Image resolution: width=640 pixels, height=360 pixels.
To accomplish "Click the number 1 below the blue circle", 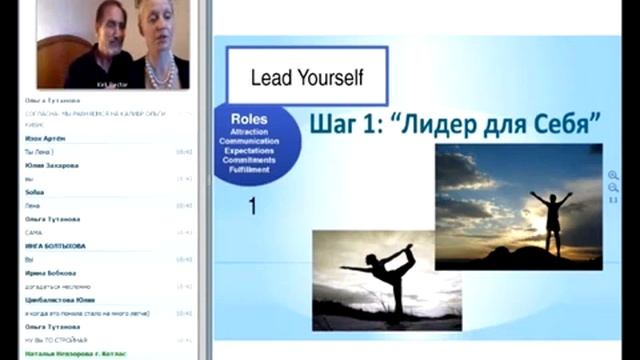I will click(253, 206).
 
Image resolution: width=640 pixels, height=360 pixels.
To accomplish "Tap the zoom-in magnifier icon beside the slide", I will click(613, 176).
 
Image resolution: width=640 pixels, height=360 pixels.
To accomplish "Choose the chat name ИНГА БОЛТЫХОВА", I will click(55, 245).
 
